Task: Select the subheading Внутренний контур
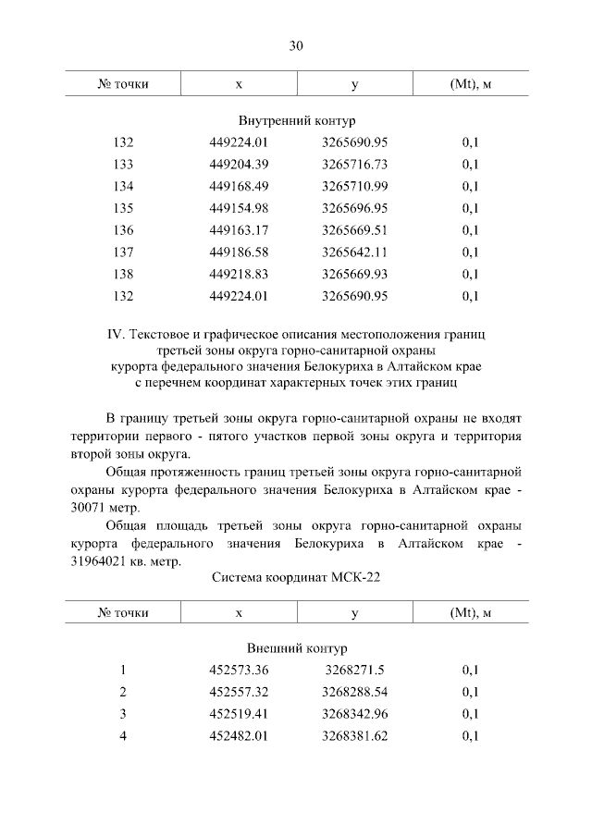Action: coord(296,121)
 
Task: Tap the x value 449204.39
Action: coord(239,165)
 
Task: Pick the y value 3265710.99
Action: coord(354,187)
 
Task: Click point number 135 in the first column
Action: coord(123,208)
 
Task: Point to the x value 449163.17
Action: coord(239,230)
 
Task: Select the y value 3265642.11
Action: coord(354,252)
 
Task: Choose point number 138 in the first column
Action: coord(123,275)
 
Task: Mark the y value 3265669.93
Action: coord(354,275)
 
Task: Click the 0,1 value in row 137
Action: coord(470,252)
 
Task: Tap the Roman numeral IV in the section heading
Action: coord(116,331)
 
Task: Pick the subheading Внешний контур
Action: coord(296,648)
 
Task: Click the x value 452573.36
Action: coord(239,671)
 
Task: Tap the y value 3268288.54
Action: coord(354,692)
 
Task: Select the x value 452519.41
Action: coord(239,714)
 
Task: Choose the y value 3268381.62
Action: coord(354,736)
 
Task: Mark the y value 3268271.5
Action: coord(354,671)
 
